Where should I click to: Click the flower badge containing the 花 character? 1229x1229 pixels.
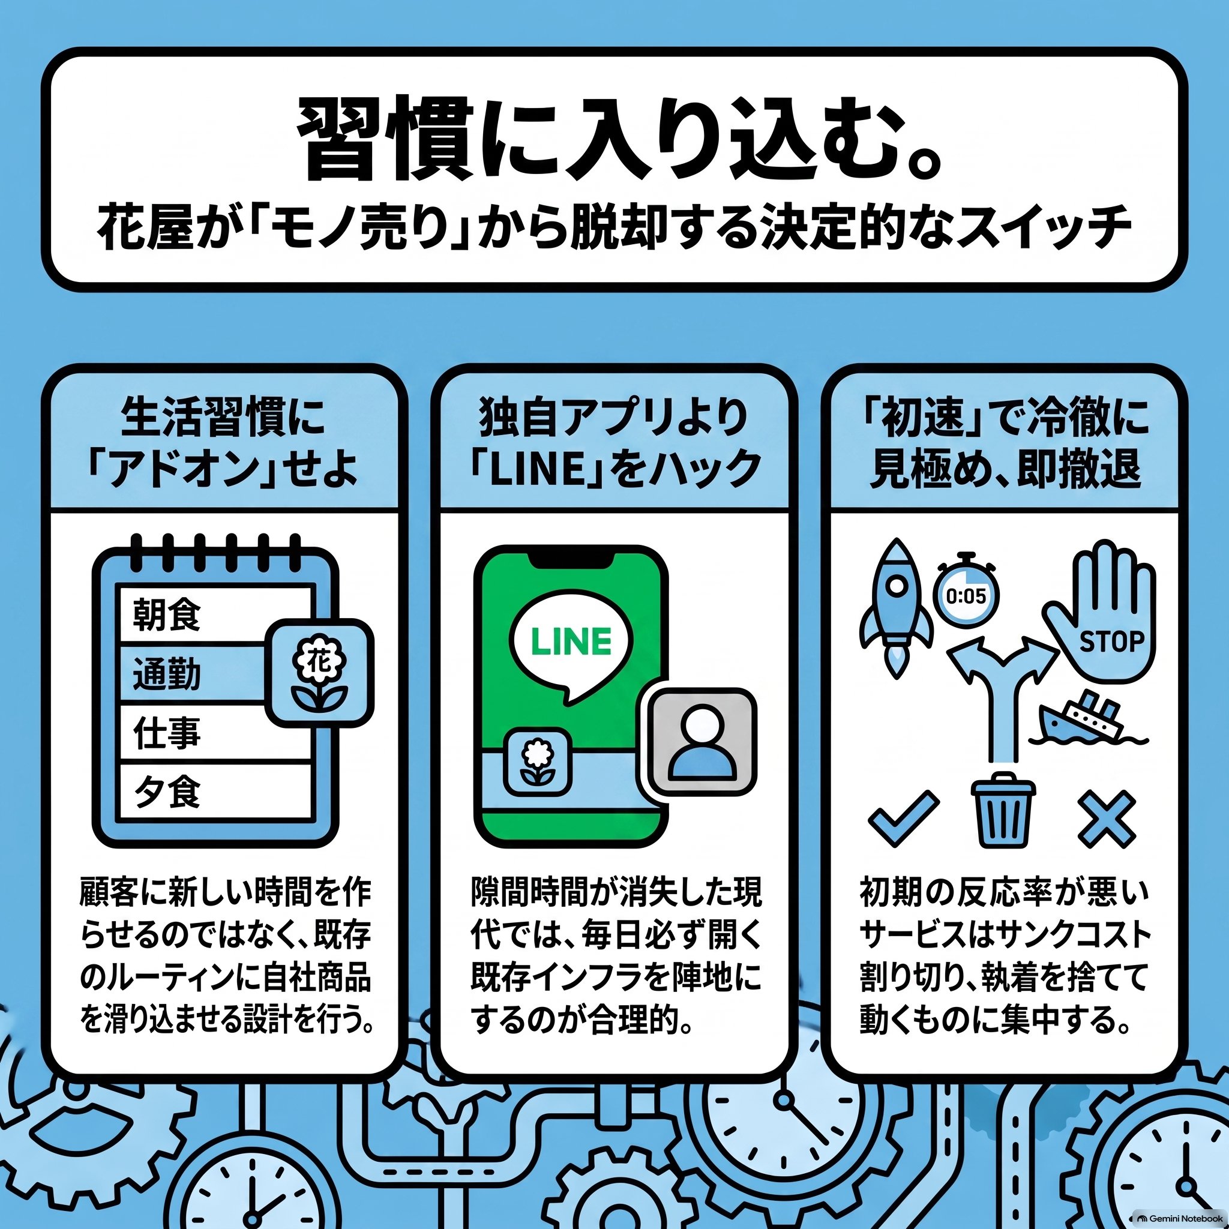[x=319, y=673]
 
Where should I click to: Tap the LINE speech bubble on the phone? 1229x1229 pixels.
[x=571, y=649]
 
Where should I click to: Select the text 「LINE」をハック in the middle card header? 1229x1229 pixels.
[x=614, y=469]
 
